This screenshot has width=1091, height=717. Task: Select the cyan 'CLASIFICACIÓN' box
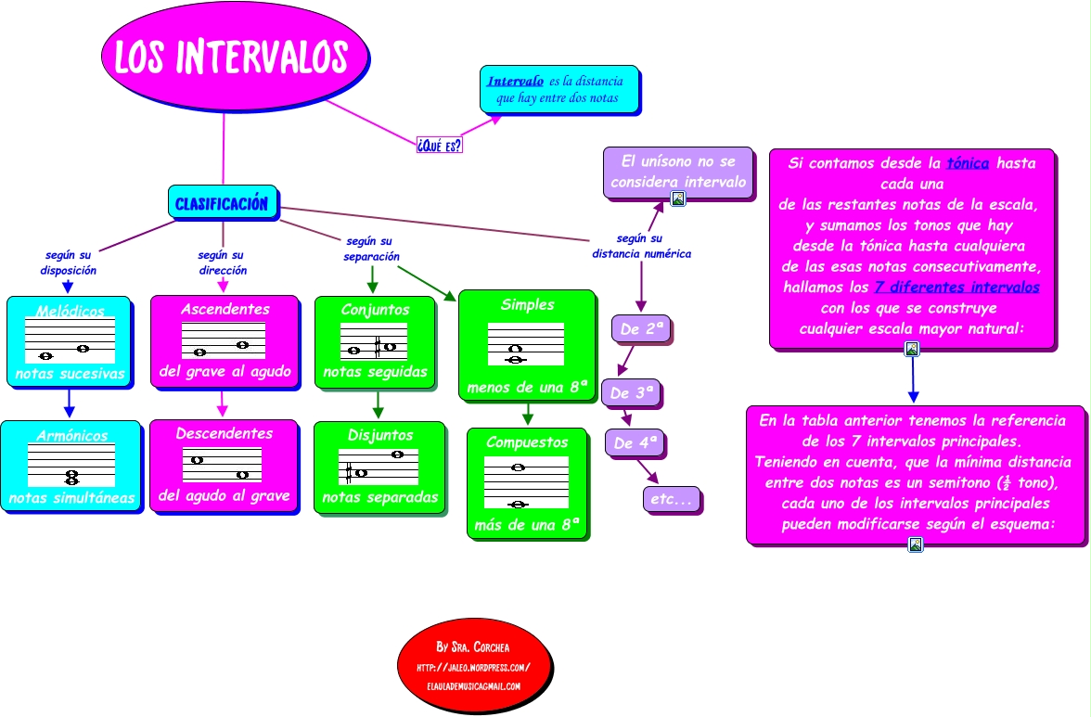222,202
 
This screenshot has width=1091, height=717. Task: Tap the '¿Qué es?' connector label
439,145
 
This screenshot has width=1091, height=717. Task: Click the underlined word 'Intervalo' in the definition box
516,81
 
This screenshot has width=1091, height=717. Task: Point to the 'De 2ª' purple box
641,328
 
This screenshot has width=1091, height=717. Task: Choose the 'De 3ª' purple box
632,392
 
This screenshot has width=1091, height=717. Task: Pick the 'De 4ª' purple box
635,443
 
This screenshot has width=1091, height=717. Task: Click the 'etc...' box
671,499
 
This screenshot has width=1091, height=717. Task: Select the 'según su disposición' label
68,262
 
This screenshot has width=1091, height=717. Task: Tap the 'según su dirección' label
222,262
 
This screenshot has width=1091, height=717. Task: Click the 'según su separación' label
371,249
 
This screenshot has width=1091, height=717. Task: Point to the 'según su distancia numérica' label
641,246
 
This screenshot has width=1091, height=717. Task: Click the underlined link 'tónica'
968,163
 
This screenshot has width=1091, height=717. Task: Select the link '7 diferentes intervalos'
956,288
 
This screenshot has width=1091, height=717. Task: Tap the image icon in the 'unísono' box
678,198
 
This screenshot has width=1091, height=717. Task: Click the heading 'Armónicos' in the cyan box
71,435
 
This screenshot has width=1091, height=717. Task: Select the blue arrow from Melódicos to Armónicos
69,403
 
